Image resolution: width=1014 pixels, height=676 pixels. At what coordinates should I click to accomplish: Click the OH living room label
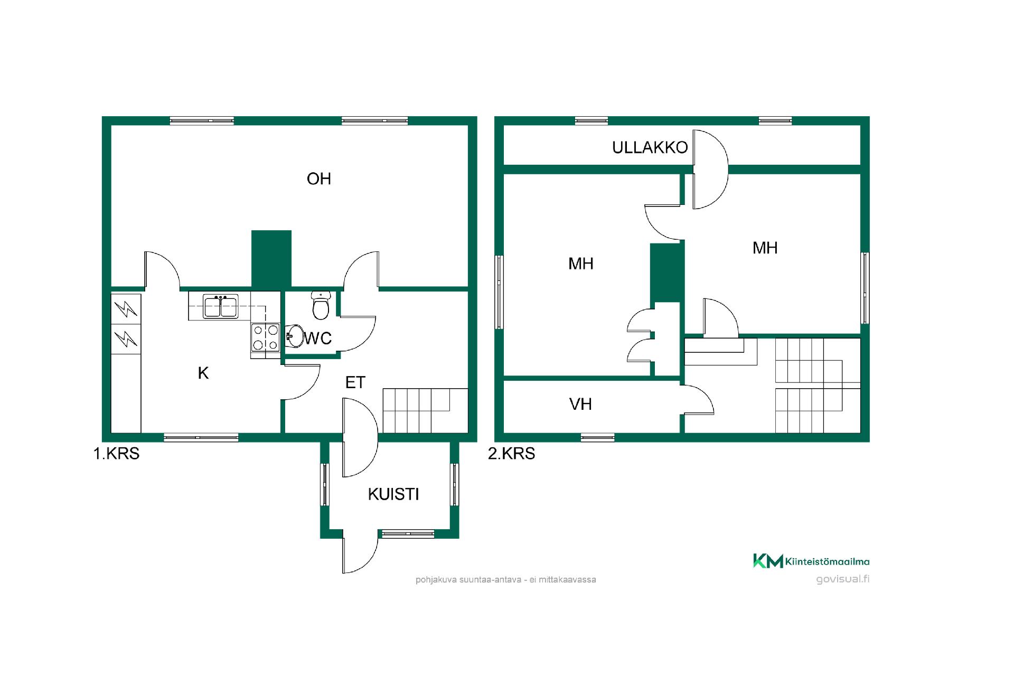pos(319,179)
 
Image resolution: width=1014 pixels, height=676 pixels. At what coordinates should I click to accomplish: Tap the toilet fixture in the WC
pos(321,305)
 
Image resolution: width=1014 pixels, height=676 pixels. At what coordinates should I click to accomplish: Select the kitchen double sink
pos(221,307)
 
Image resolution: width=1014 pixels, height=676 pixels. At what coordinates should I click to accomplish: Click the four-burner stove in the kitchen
pos(266,337)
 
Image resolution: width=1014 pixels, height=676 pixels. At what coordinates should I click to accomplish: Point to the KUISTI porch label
pos(393,494)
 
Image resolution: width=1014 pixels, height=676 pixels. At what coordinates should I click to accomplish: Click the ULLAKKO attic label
pos(650,147)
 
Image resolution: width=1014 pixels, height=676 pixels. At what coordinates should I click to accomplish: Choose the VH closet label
pos(580,405)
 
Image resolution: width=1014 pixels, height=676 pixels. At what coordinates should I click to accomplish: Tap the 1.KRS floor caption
pos(116,454)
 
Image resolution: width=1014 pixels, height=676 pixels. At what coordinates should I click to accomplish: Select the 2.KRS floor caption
pos(511,454)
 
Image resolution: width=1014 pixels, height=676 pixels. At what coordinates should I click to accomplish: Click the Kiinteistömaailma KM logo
pos(811,561)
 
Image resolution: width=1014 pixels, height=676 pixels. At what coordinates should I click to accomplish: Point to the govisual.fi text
pos(843,579)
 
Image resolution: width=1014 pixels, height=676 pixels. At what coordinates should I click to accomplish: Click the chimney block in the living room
pos(271,259)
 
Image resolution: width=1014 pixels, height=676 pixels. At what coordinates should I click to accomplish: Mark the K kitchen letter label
pos(203,373)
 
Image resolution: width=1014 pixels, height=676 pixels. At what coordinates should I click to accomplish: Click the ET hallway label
pos(355,382)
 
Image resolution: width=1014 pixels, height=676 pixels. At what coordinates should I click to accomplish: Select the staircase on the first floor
pos(425,410)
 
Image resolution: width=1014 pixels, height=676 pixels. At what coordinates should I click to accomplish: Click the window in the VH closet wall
pos(598,437)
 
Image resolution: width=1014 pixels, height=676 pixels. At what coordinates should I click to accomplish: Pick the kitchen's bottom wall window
pos(201,437)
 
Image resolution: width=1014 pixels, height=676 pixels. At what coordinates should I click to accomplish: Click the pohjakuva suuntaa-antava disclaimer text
pos(506,579)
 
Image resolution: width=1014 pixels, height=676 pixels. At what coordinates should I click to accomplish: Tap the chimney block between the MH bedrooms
pos(667,273)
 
